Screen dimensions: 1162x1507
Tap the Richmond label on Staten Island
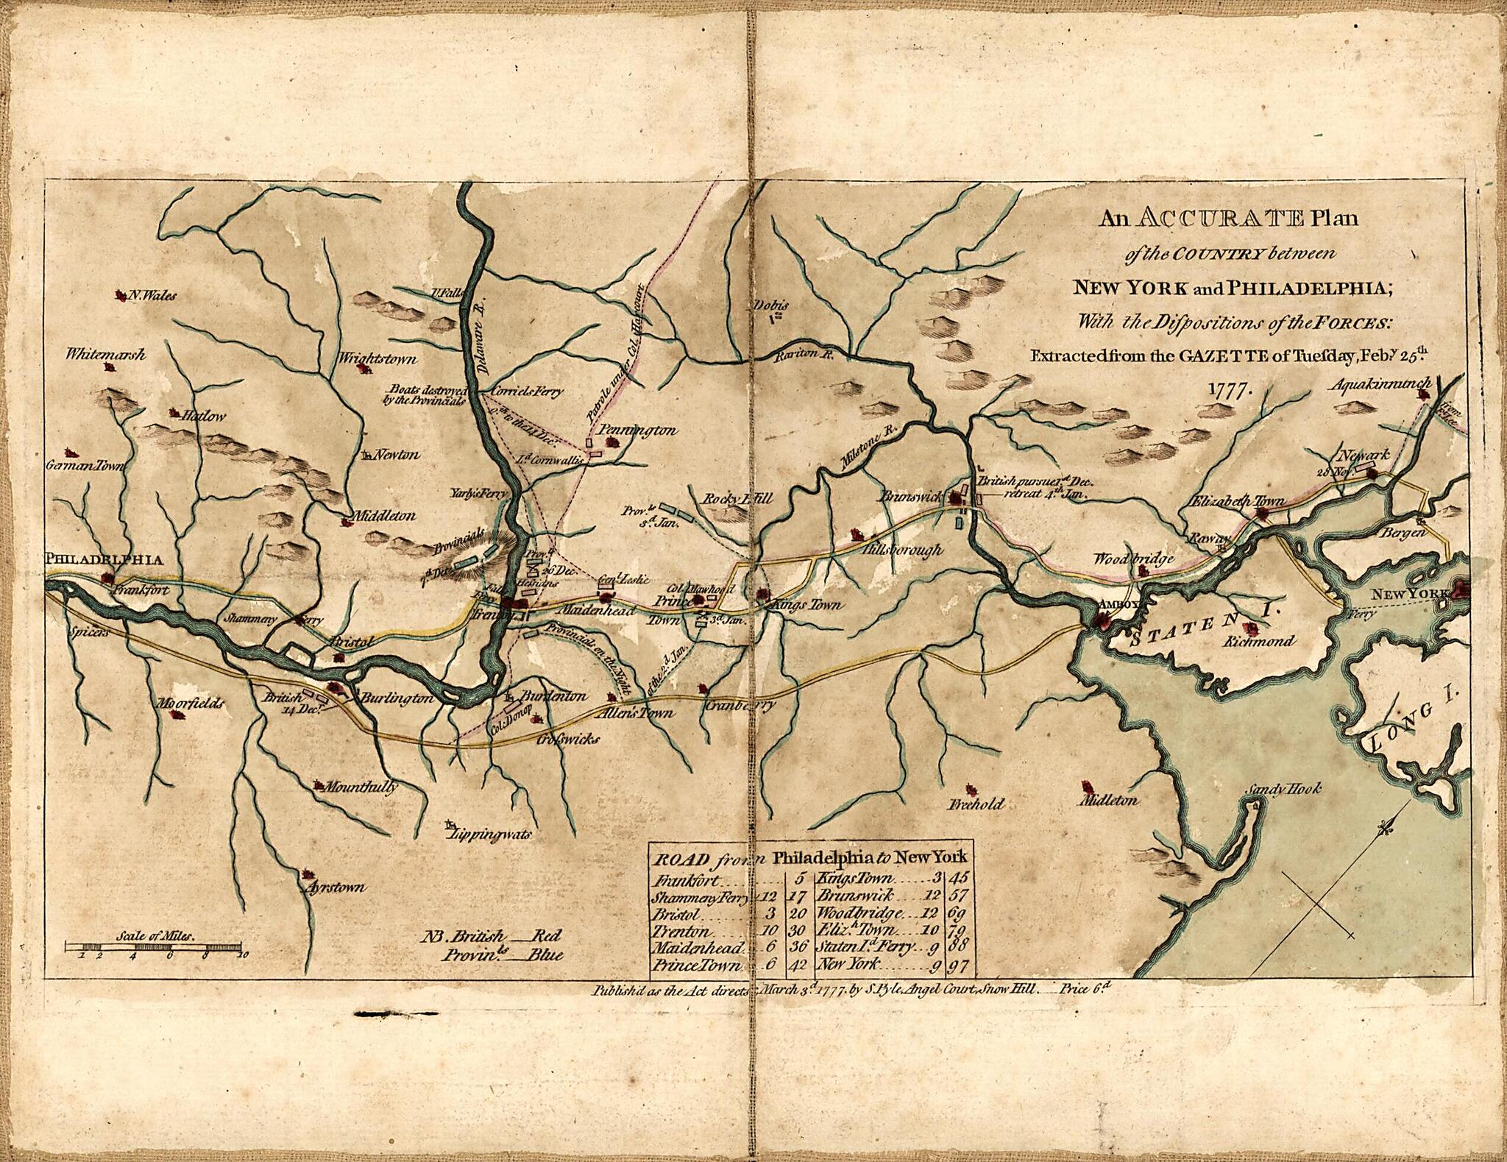pos(1259,641)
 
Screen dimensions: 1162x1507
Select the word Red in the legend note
pos(545,936)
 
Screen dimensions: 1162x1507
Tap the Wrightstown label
pos(377,359)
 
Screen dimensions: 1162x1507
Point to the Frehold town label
pos(976,804)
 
